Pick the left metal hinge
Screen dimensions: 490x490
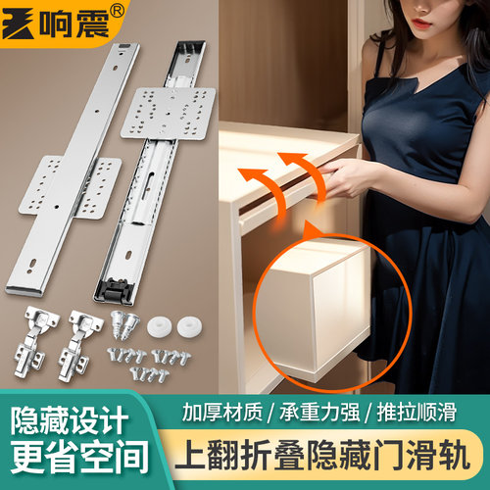(x=39, y=338)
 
